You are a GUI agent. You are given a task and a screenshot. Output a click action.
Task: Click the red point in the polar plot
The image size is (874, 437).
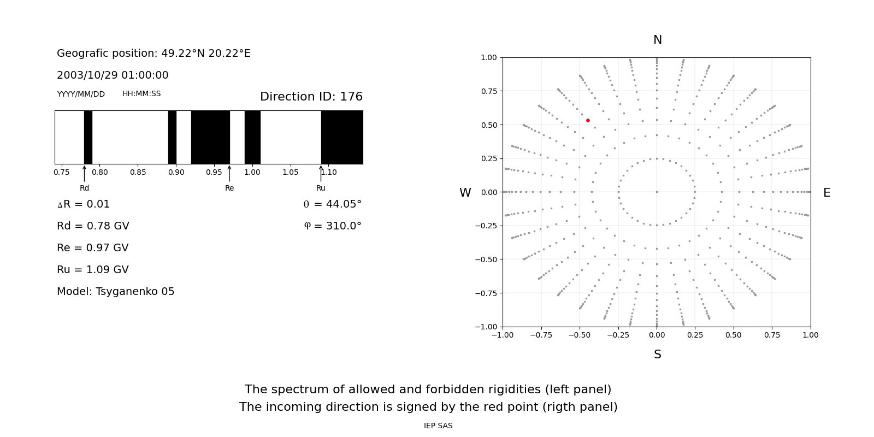[x=588, y=120]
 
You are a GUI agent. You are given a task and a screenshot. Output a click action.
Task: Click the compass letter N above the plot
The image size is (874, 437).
[x=657, y=40]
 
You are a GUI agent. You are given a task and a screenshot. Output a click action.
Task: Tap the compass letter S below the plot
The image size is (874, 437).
[x=657, y=355]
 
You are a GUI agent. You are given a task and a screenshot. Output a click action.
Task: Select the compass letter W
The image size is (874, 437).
[x=465, y=193]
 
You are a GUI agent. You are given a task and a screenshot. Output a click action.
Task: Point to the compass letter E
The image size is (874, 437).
[x=826, y=193]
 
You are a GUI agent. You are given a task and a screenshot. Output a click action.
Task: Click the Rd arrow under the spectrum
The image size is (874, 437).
[x=84, y=174]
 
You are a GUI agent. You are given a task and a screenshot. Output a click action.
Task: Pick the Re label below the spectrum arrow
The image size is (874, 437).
[x=229, y=188]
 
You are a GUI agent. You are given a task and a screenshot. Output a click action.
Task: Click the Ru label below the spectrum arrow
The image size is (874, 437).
[x=321, y=188]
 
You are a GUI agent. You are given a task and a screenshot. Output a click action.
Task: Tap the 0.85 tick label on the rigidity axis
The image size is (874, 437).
[x=138, y=173]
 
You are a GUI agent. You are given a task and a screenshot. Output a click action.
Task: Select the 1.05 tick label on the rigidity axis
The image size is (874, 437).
[x=291, y=173]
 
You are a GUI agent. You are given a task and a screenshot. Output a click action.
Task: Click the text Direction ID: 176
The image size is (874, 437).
[x=311, y=97]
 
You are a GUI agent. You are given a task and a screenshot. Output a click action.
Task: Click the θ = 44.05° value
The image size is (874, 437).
[x=332, y=204]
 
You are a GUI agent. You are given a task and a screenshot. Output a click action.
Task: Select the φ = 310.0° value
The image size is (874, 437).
[x=332, y=226]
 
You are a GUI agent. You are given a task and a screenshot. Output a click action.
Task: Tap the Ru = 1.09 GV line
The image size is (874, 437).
[x=93, y=270]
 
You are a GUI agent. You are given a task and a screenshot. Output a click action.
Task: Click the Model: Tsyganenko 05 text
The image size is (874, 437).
[x=116, y=292]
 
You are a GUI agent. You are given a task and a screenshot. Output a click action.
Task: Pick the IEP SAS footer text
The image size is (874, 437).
[x=438, y=426]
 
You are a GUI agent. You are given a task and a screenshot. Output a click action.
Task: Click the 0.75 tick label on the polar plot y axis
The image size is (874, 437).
[x=489, y=91]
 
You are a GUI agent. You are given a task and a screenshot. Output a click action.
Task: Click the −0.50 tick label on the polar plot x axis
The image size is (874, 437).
[x=580, y=335]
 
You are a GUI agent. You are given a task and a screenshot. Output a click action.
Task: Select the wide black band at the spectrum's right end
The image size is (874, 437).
[x=342, y=137]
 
